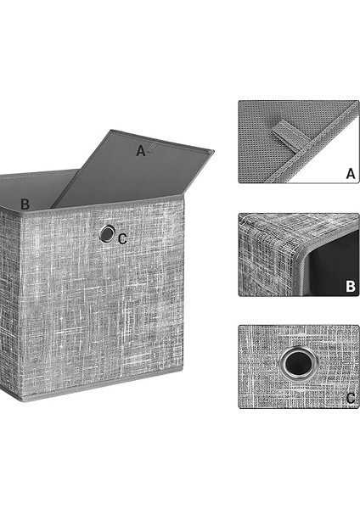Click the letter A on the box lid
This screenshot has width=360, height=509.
(141, 151)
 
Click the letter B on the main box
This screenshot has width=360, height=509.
(25, 204)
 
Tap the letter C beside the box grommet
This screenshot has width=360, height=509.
(122, 239)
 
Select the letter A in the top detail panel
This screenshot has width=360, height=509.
(351, 174)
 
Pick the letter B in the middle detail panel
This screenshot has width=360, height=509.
(351, 287)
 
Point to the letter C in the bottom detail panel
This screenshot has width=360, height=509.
(351, 398)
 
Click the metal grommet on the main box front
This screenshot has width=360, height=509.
(107, 233)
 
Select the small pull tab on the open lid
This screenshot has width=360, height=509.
(151, 148)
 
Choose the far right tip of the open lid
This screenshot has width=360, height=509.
(213, 151)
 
